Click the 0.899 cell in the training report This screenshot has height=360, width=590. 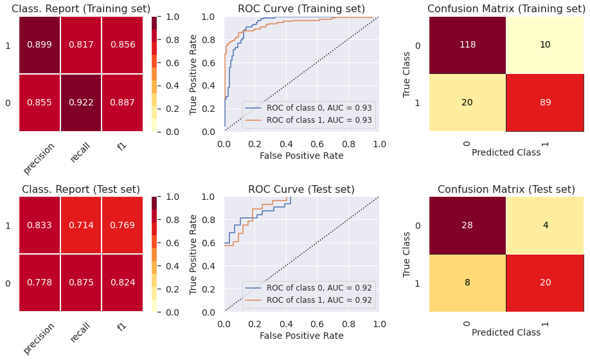(x=40, y=45)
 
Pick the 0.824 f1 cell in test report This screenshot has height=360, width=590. (x=122, y=283)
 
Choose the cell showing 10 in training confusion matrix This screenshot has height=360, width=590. (x=545, y=45)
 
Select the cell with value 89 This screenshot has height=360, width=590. (x=545, y=102)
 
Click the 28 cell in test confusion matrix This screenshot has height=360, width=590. (x=467, y=225)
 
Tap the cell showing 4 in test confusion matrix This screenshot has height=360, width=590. (x=545, y=225)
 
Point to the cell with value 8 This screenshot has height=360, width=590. (x=467, y=283)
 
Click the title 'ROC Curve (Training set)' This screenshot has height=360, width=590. (x=301, y=9)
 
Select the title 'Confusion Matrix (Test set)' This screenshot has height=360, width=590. (x=506, y=189)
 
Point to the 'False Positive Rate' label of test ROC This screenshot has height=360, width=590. (x=301, y=336)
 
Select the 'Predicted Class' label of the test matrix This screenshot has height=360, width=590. (x=506, y=332)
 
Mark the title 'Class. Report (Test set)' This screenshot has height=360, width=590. (x=81, y=189)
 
